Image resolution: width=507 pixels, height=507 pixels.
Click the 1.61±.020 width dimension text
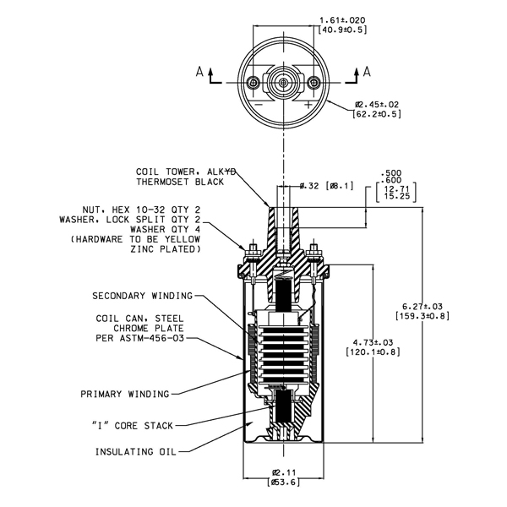(342, 20)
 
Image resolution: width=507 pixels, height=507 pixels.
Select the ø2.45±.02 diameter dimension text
(377, 105)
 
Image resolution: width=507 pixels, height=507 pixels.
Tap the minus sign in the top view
(259, 105)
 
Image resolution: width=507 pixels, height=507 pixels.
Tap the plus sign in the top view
(308, 105)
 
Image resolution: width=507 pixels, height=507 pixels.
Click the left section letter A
(199, 72)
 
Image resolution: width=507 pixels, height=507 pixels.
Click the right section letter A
(367, 72)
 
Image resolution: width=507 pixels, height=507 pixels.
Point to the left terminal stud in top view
(253, 83)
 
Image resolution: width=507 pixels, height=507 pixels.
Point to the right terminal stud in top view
(313, 83)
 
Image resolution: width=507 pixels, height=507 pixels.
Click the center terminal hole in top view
(284, 83)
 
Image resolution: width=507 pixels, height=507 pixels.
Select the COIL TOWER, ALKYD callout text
(186, 172)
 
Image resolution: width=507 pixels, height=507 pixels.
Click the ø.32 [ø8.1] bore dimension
(326, 186)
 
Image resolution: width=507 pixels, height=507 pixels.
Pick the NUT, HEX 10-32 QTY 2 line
(141, 210)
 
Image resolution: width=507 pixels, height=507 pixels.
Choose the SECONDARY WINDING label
(143, 296)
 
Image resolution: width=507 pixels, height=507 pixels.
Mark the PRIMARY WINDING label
(125, 394)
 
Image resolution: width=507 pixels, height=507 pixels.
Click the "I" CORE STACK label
(133, 426)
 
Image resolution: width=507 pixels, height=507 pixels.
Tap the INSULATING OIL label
(136, 452)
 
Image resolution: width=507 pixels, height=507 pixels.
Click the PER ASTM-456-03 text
(140, 339)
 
